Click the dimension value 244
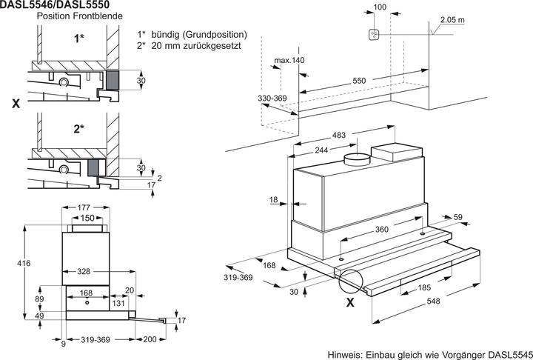pos(323,150)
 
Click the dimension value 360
pos(381,230)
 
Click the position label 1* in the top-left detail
pos(78,38)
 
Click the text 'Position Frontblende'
pos(64,16)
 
